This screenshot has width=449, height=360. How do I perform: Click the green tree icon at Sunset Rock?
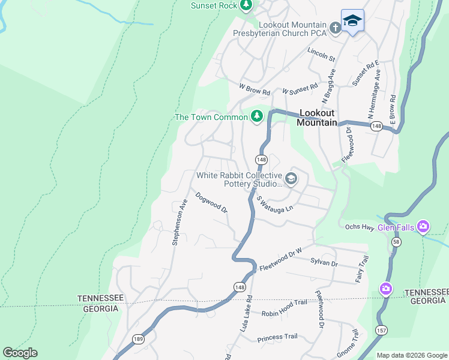246,5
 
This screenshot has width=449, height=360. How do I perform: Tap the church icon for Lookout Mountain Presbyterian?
336,28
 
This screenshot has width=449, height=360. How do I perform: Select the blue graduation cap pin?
352,21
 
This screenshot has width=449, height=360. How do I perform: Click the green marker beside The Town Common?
257,116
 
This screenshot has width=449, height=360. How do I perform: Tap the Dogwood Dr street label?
211,203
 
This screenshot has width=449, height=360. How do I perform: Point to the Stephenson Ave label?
179,222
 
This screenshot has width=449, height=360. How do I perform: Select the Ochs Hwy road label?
360,227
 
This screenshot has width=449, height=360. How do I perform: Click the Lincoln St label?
321,54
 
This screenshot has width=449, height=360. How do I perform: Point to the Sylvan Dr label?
324,263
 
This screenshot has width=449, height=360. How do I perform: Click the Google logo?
20,353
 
